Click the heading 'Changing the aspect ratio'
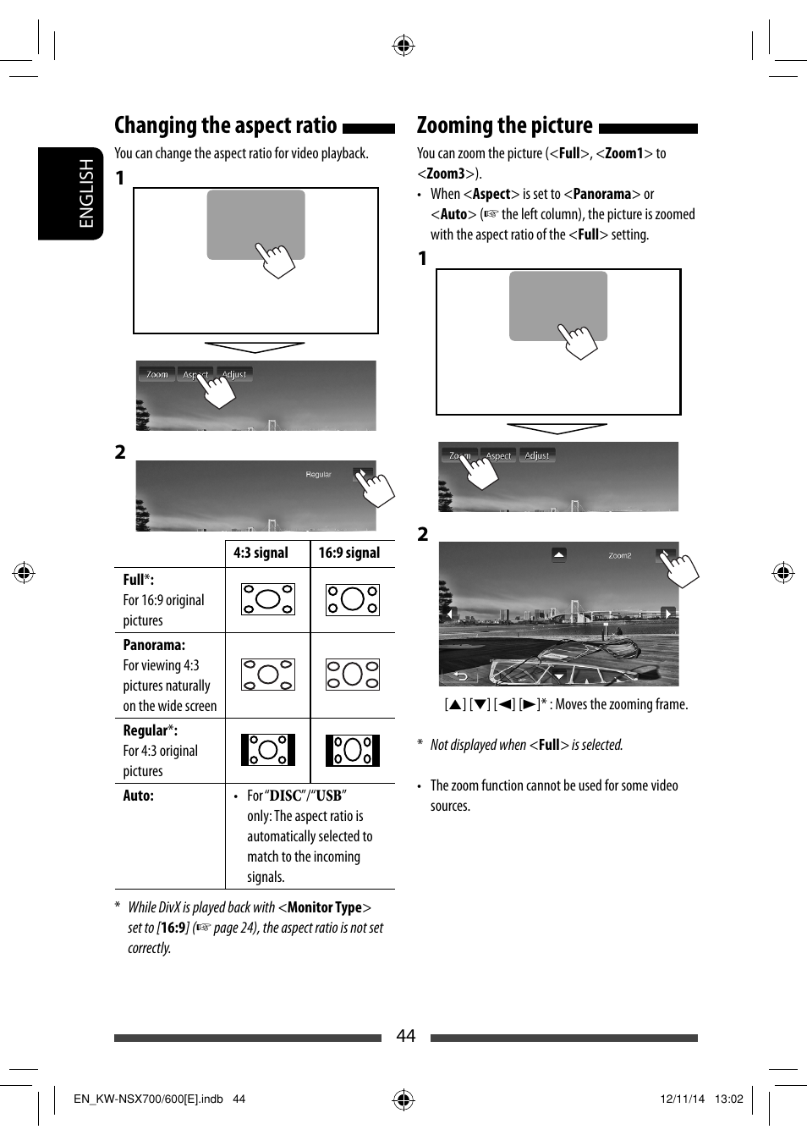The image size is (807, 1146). point(225,125)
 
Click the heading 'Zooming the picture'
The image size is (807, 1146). point(504,125)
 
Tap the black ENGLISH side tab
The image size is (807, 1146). point(71,193)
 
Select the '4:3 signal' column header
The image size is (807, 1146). point(261,553)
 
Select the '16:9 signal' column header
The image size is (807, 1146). point(349,553)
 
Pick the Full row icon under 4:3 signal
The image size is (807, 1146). point(267,599)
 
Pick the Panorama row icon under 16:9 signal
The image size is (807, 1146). point(353,675)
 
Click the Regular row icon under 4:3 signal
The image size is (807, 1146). point(267,750)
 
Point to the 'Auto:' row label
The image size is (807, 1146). point(139,796)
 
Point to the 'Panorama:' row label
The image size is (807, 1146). point(154,645)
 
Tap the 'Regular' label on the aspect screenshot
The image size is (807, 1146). point(318,475)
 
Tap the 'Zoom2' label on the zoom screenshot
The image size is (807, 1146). point(619,556)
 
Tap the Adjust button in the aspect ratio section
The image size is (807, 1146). point(234,374)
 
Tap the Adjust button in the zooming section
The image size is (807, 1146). point(537,455)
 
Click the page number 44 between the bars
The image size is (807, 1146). point(406,1036)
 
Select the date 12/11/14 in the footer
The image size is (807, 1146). point(682,1099)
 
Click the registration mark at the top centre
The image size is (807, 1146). point(403,46)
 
